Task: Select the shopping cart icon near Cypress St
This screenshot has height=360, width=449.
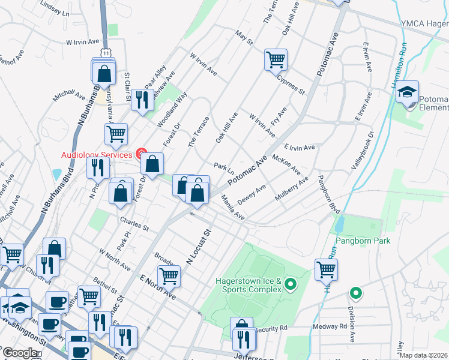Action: (x=276, y=59)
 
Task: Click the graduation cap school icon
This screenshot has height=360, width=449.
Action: (x=408, y=92)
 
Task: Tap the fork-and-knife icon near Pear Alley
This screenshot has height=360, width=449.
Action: (x=142, y=100)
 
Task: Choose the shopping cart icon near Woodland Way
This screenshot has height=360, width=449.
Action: (x=116, y=134)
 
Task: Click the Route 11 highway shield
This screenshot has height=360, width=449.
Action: (x=106, y=53)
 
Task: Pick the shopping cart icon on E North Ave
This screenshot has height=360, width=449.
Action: (x=169, y=276)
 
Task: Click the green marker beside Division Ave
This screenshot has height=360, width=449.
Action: (x=356, y=293)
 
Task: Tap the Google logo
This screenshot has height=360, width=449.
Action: (x=20, y=353)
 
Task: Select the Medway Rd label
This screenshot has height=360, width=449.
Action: (x=334, y=327)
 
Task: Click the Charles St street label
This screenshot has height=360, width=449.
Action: (x=133, y=228)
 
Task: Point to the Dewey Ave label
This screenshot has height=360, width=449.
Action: (x=252, y=195)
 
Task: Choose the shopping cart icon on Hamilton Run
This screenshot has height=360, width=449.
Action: (x=326, y=269)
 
